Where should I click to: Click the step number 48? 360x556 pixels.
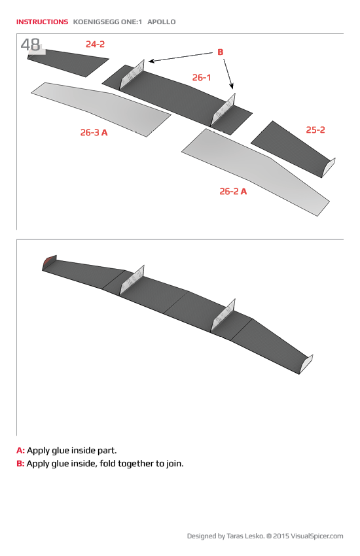pos(31,45)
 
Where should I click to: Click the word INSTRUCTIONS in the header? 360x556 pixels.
pos(42,22)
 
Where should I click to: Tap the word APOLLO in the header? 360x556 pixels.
pos(162,22)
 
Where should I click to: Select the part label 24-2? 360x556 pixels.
pos(95,44)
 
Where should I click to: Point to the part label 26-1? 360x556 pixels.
pos(202,78)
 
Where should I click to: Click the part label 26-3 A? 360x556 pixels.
pos(94,132)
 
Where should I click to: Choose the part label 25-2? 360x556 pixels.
pos(315,130)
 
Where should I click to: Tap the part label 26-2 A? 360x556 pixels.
pos(233,192)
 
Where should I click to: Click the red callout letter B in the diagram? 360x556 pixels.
pos(221,52)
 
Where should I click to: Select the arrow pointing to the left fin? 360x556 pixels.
pos(180,57)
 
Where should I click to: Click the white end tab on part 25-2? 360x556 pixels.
pos(330,166)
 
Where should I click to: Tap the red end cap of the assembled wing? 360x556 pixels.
pos(46,263)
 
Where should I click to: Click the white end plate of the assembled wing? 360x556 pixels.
pos(306,363)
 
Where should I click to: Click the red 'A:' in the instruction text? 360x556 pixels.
pos(20,451)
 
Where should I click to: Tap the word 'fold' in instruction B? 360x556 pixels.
pos(105,464)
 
